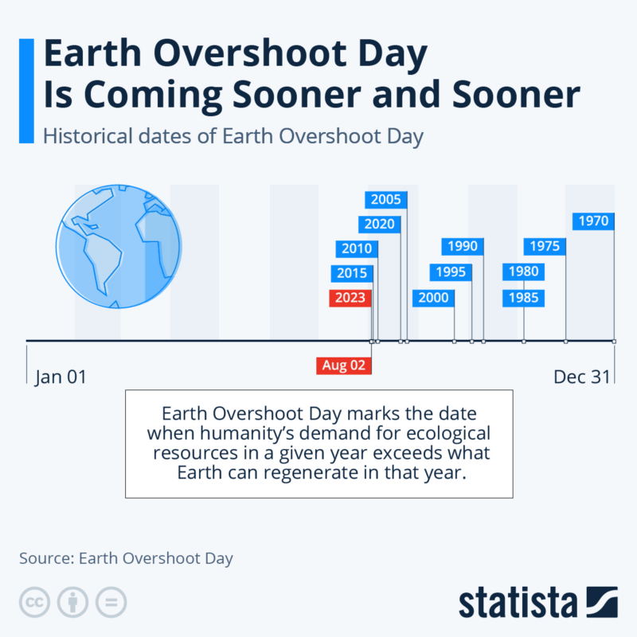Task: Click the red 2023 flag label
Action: point(350,298)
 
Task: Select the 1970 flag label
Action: point(593,221)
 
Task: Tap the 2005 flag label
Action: point(386,200)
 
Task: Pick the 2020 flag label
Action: point(380,224)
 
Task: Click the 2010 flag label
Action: point(357,248)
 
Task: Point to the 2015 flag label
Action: point(352,273)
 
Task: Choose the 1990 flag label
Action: point(463,246)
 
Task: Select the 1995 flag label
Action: point(451,272)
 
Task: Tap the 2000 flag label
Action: point(433,298)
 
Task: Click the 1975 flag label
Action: point(545,246)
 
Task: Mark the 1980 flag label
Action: point(523,272)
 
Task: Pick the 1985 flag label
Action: point(523,298)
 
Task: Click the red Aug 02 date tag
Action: point(344,365)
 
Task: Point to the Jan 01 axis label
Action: point(61,377)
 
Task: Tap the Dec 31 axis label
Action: point(582,377)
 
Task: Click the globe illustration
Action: point(119,246)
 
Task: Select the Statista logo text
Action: point(518,603)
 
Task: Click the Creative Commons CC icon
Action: point(34,602)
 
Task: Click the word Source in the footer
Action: point(47,558)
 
